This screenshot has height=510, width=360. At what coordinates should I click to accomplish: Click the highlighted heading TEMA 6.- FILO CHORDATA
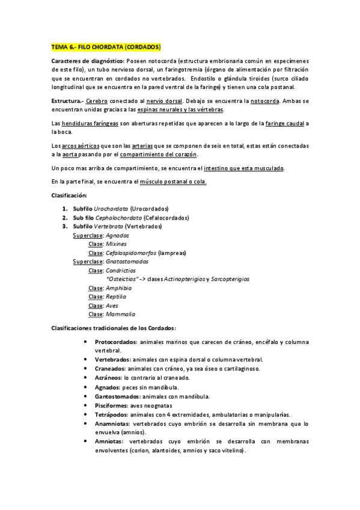[x=106, y=46]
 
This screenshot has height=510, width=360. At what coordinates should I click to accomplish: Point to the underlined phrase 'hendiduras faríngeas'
[x=88, y=123]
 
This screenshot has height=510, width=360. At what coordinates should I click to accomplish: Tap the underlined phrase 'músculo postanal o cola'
[x=173, y=182]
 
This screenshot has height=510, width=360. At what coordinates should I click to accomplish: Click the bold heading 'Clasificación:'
[x=69, y=195]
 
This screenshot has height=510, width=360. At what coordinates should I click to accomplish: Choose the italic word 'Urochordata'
[x=111, y=208]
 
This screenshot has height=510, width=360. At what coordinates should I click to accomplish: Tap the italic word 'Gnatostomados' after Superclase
[x=127, y=262]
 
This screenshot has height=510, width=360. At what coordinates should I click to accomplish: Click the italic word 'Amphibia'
[x=118, y=288]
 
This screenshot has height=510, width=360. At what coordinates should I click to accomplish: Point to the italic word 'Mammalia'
[x=120, y=314]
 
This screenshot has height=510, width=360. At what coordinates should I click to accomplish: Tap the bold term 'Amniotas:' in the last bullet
[x=110, y=441]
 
